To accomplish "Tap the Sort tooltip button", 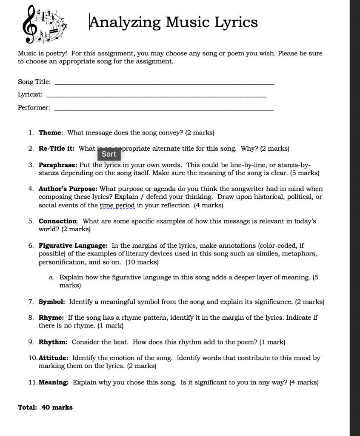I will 109,154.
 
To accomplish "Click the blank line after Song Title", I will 165,83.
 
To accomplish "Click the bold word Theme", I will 51,133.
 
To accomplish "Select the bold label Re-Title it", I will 57,149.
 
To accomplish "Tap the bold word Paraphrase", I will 58,165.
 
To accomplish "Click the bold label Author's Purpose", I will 68,189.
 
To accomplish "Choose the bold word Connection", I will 58,221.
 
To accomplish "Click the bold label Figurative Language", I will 73,246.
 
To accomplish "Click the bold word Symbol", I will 52,302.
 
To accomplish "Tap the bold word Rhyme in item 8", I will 51,318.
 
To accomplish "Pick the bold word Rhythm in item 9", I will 53,342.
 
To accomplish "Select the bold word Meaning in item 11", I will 54,382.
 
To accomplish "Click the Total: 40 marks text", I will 45,407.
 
